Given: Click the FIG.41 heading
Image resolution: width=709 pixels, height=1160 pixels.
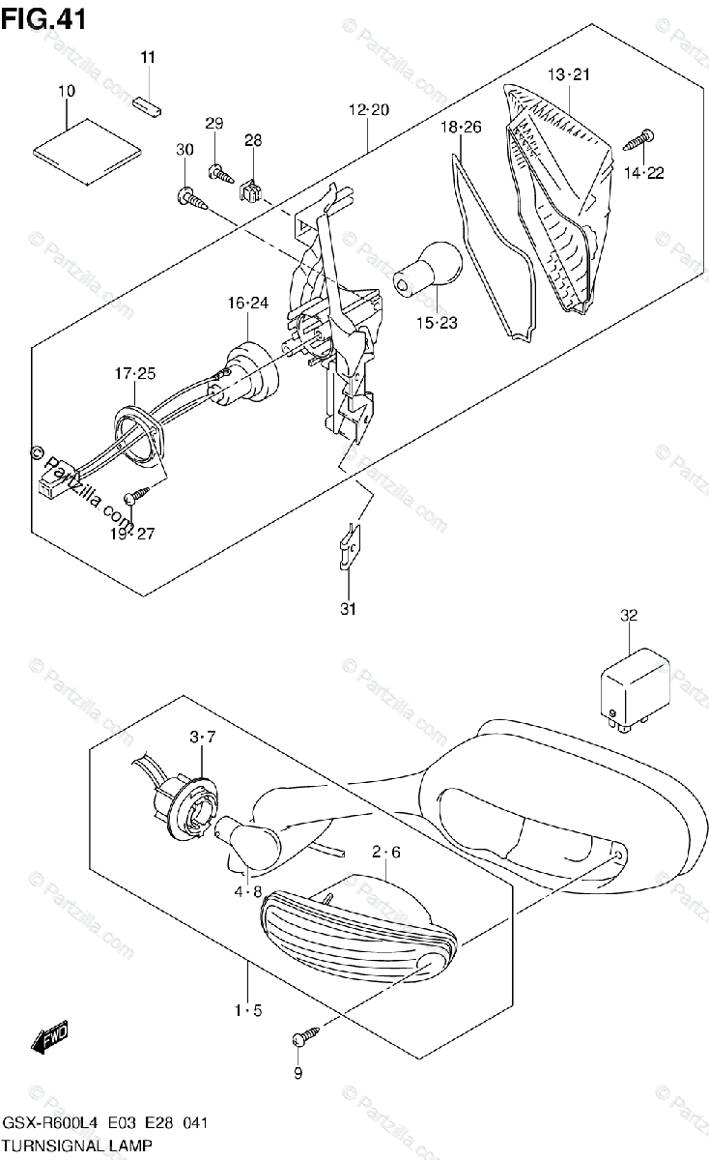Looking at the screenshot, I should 43,18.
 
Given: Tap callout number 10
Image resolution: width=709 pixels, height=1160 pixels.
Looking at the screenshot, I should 67,91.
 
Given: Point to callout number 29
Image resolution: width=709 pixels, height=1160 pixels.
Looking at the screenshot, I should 213,123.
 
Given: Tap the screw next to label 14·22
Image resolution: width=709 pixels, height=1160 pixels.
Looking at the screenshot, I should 638,139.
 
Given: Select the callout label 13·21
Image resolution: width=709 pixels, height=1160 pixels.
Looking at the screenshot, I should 569,74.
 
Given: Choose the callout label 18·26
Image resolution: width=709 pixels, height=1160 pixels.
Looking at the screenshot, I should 461,127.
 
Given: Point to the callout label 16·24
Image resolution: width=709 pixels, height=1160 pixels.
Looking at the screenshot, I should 248,304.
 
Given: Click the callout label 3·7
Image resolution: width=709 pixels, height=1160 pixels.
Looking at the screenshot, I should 203,738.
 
